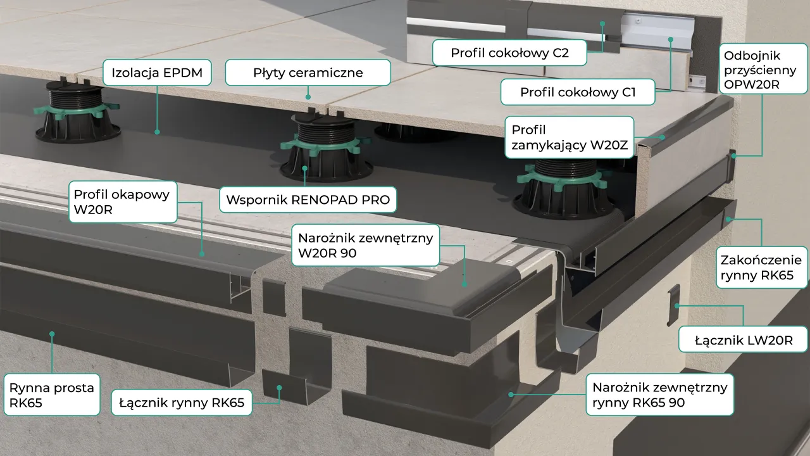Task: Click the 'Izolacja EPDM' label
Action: coord(157,73)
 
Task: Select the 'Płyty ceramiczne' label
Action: coord(308,73)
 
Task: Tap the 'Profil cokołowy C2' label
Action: coord(509,53)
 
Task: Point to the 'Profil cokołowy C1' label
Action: coord(578,92)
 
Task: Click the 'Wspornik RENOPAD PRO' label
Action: coord(308,200)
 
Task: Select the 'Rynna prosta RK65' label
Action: coord(52,395)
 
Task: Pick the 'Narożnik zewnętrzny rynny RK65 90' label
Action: coord(660,394)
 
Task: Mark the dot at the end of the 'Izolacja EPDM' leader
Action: coord(157,132)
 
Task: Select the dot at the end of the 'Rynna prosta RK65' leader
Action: coord(52,332)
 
